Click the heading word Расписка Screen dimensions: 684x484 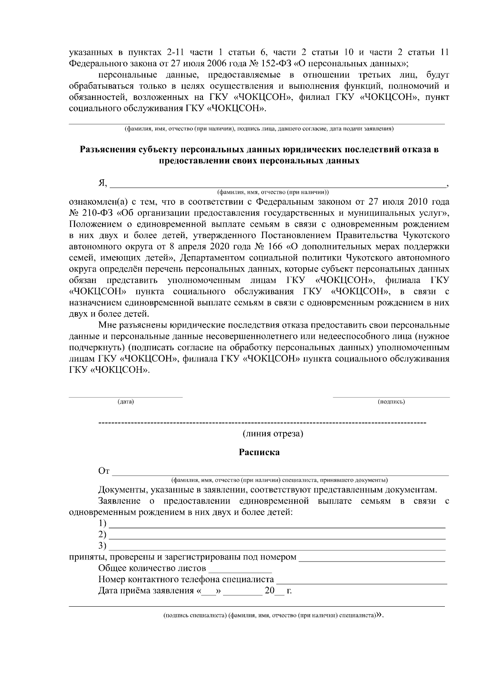click(259, 452)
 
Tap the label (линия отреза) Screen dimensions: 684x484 click(273, 434)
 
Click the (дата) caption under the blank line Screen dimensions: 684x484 click(125, 402)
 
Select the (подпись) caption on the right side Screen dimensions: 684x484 click(391, 402)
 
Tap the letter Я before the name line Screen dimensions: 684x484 click(102, 184)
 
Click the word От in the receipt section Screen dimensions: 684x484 click(104, 471)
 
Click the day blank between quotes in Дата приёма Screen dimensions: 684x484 click(208, 591)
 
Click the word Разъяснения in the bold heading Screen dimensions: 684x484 click(107, 150)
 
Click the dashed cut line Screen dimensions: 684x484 click(262, 423)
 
